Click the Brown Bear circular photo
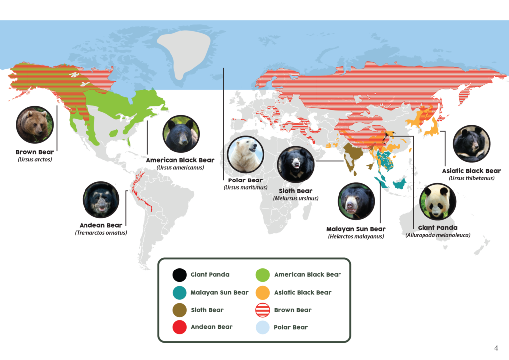(x=35, y=124)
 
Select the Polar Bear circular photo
(x=246, y=154)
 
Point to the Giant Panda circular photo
(x=438, y=202)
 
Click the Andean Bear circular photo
(x=101, y=200)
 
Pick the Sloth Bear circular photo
(x=296, y=165)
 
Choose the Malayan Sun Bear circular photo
(x=356, y=201)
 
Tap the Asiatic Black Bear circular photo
(x=471, y=144)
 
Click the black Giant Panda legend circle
(x=179, y=274)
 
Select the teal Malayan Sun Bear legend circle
(x=179, y=292)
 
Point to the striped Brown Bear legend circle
(x=262, y=310)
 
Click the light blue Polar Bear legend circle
(x=262, y=327)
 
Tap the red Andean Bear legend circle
(x=179, y=327)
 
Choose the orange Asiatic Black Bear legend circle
(x=262, y=292)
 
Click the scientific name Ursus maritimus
(x=246, y=187)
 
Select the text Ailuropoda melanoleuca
(x=437, y=235)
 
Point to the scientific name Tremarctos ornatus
(x=101, y=232)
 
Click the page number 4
(x=496, y=348)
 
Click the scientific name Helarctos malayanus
(x=356, y=236)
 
